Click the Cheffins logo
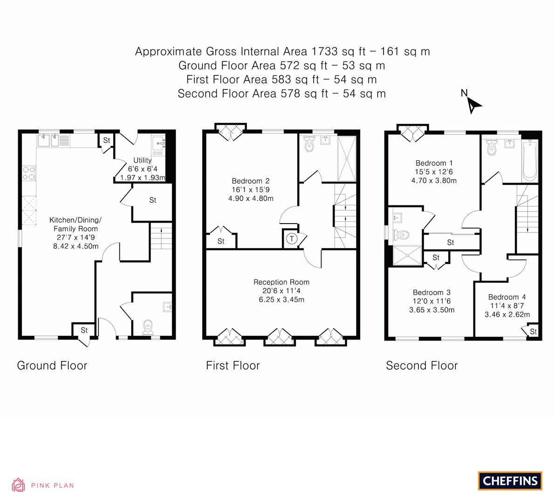coord(510,481)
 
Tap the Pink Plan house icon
coord(18,485)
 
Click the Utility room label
coord(142,160)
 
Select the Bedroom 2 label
coord(251,181)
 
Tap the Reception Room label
coord(281,282)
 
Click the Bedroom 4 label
coord(507,297)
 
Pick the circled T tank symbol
coord(292,238)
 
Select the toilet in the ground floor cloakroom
coord(148,327)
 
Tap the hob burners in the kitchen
coord(29,173)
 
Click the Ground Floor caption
coord(52,366)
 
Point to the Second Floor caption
coord(422,366)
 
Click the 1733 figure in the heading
coord(325,52)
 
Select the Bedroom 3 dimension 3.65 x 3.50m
coord(432,310)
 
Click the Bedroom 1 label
coord(434,163)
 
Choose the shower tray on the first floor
coord(347,158)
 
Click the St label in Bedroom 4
coord(534,332)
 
